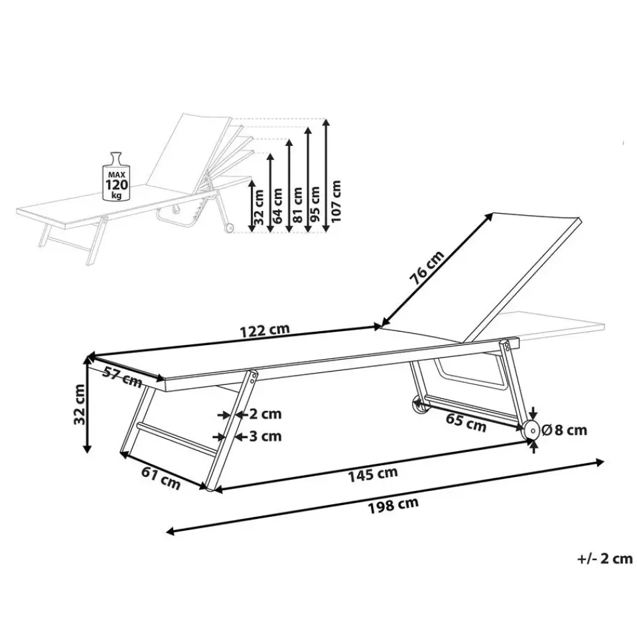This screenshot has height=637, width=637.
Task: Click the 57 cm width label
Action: click(x=123, y=376)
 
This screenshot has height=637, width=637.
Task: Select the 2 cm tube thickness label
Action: click(x=265, y=414)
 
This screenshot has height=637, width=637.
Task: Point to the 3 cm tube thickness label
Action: click(x=265, y=436)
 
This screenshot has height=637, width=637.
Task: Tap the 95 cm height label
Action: click(x=316, y=203)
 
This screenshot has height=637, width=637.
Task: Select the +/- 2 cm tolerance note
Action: click(x=604, y=559)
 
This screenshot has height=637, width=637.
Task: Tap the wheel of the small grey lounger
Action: click(x=228, y=229)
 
